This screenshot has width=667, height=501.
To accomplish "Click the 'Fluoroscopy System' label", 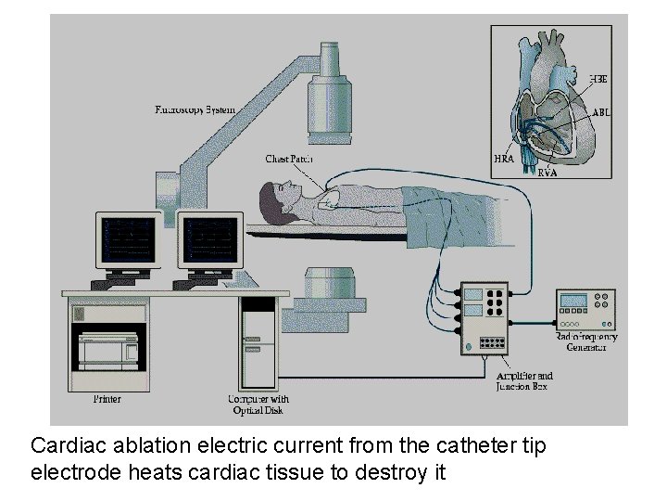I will pyautogui.click(x=195, y=110).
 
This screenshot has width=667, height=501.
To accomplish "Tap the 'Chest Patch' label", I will pyautogui.click(x=288, y=160).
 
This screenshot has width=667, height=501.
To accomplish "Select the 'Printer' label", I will pyautogui.click(x=107, y=400).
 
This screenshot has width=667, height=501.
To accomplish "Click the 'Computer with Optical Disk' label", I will pyautogui.click(x=253, y=405).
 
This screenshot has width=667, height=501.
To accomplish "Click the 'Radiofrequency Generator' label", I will pyautogui.click(x=586, y=341).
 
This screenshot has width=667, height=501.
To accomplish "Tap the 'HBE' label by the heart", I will pyautogui.click(x=598, y=78).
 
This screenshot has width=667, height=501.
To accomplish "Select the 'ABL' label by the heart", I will pyautogui.click(x=600, y=112).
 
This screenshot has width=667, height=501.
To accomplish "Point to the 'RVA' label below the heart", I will pyautogui.click(x=547, y=172).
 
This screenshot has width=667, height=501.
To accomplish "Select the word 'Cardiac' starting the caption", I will pyautogui.click(x=67, y=446).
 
